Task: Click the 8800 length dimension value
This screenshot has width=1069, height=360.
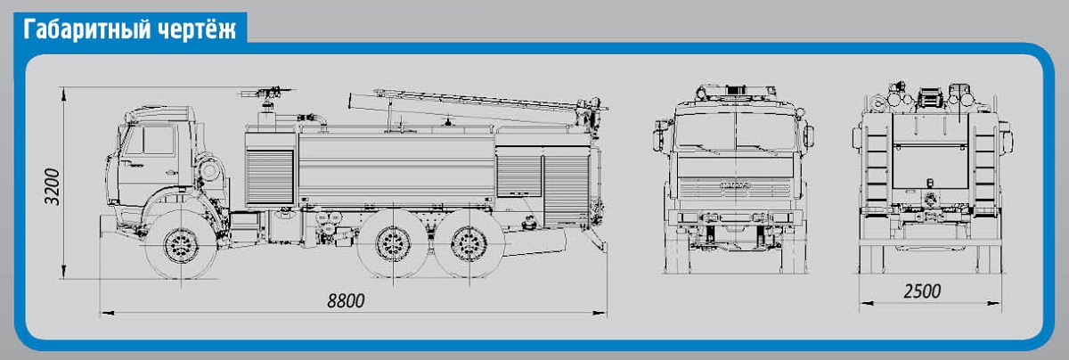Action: pos(346,301)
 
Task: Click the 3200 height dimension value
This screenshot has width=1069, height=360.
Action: pos(52,187)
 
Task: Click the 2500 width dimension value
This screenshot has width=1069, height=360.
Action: pos(922,291)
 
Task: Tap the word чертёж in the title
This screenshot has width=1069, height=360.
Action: pos(197,29)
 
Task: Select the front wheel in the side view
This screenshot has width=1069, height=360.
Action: pos(181,246)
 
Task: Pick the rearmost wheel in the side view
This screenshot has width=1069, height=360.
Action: pos(469,244)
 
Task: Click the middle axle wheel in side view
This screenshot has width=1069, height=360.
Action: pos(392,244)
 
